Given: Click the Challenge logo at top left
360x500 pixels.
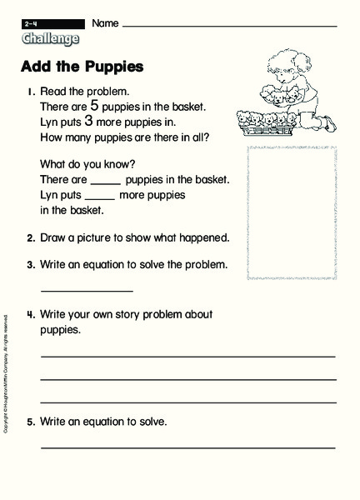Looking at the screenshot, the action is pos(52,38).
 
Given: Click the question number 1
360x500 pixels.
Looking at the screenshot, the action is pos(30,91).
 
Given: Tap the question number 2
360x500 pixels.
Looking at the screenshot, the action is pos(30,238).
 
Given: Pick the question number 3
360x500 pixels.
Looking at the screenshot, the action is pos(30,266).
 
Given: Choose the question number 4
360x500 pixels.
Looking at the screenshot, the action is pos(30,315).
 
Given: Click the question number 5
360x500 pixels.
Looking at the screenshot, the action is pos(30,422).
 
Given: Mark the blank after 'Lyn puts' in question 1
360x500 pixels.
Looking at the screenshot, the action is pos(99,197).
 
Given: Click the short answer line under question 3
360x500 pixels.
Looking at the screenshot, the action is pos(87,291).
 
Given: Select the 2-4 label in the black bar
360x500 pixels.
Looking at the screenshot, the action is pos(31,22).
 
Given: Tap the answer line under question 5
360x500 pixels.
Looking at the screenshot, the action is pos(187,447).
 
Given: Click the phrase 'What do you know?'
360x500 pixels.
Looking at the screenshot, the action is pos(82,163).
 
